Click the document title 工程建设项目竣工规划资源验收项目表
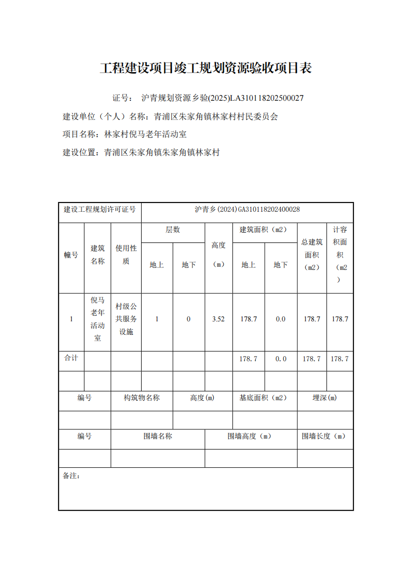point(205,68)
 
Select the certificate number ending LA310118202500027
point(223,98)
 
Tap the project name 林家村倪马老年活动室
point(145,134)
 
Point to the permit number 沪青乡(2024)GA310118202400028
point(247,210)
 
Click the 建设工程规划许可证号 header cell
point(100,210)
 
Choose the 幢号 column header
point(71,254)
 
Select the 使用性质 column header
point(126,254)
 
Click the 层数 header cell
point(173,230)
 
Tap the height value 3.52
point(218,319)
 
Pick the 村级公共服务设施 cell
point(126,319)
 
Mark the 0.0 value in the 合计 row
point(281,359)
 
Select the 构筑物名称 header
point(142,398)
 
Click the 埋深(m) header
point(325,398)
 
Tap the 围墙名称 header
point(158,437)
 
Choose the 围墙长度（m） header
point(324,437)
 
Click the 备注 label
point(72,476)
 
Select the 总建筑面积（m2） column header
point(312,254)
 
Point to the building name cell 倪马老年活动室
point(98,319)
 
